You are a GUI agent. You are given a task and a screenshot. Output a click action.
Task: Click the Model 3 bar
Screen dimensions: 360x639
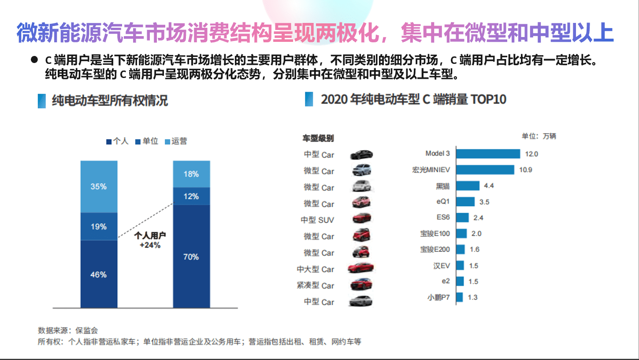click(x=488, y=154)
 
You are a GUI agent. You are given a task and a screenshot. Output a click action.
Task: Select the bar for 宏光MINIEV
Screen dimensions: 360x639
click(x=485, y=170)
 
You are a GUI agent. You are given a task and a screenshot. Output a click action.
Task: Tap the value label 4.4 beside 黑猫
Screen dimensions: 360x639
click(x=489, y=186)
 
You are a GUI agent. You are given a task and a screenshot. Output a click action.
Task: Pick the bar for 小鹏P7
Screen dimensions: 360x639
click(x=459, y=297)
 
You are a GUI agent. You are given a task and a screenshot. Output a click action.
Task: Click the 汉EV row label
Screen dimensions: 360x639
click(x=442, y=266)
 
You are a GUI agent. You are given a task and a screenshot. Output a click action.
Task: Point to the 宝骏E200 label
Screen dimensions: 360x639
click(x=435, y=249)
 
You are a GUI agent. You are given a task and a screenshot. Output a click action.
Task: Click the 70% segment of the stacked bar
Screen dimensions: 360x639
click(x=191, y=256)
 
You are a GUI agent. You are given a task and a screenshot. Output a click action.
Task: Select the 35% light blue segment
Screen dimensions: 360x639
click(x=99, y=186)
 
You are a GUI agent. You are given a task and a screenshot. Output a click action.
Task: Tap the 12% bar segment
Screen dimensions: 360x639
click(x=191, y=196)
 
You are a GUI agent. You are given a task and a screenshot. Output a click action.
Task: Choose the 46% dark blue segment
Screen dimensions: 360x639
click(x=99, y=274)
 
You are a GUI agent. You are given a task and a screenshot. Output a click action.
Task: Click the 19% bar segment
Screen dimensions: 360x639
click(x=99, y=226)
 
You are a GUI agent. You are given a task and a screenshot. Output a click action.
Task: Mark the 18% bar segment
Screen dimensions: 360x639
click(x=191, y=174)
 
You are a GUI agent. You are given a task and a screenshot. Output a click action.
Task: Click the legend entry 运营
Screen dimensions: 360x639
click(x=176, y=141)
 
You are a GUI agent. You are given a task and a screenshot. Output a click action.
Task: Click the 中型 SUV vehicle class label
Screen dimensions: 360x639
click(x=317, y=220)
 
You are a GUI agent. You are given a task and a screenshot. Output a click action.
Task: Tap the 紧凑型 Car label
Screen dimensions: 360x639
click(x=316, y=286)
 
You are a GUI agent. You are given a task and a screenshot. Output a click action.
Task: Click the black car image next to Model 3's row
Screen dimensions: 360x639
click(x=361, y=155)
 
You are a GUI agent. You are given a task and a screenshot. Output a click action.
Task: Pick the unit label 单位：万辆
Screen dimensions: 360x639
click(x=539, y=136)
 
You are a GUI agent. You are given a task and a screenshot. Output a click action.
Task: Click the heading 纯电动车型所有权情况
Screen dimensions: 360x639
click(x=110, y=100)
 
